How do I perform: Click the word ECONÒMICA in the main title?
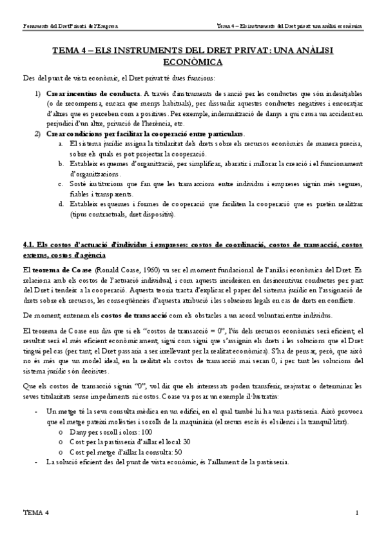point(193,62)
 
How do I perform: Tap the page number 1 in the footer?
point(356,513)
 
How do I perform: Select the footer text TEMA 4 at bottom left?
point(35,513)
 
